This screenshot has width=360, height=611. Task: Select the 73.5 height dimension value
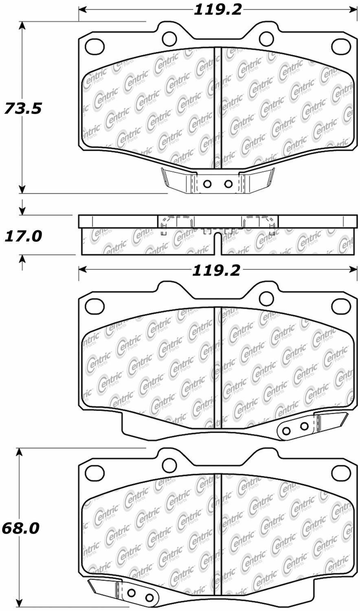pos(23,108)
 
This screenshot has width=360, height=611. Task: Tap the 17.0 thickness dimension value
pos(23,236)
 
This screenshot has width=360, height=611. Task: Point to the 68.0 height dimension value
pos(20,528)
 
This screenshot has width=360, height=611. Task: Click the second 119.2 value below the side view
pos(216,270)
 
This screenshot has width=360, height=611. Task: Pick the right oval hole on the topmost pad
pos(341,46)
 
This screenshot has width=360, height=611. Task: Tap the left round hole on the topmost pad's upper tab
pos(169,38)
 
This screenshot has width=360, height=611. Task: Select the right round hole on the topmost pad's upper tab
pos(267,38)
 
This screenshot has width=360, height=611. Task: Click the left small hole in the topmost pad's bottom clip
pos(207,184)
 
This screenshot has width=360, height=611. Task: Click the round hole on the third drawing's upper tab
pos(267,298)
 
